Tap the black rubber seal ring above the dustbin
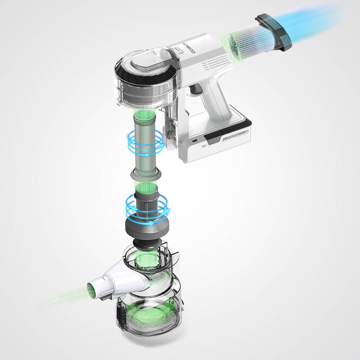click(x=150, y=242)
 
